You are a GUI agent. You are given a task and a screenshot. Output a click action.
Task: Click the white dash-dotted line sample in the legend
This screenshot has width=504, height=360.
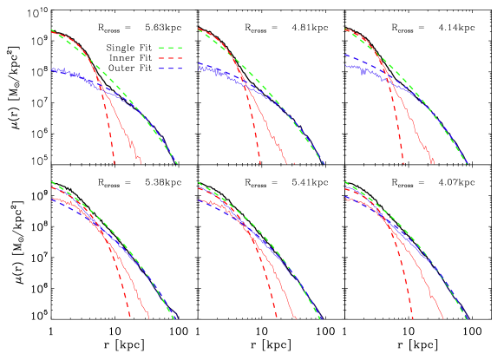(x=170, y=27)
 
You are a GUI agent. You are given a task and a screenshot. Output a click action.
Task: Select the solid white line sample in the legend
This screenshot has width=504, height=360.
(x=170, y=37)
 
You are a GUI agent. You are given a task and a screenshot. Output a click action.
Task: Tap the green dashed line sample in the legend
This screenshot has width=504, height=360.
(x=170, y=48)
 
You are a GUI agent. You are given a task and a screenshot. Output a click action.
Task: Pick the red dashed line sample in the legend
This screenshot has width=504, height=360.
(x=170, y=58)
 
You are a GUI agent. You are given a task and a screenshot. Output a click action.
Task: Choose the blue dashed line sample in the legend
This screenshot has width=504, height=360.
(x=170, y=68)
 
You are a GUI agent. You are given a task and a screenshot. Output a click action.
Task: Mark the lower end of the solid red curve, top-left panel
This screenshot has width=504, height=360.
(x=141, y=162)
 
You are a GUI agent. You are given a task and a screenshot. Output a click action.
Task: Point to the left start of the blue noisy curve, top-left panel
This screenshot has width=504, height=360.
(x=51, y=69)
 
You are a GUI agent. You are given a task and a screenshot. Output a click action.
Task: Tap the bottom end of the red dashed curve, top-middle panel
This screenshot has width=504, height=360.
(x=259, y=162)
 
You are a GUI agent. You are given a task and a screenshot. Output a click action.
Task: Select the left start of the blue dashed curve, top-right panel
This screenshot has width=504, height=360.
(x=345, y=56)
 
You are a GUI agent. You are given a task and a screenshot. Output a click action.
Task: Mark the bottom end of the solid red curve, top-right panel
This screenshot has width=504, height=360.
(x=434, y=162)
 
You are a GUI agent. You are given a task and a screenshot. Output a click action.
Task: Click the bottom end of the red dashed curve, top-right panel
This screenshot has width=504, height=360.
(x=405, y=162)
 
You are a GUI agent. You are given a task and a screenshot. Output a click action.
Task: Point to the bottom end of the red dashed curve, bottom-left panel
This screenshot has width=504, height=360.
(x=129, y=318)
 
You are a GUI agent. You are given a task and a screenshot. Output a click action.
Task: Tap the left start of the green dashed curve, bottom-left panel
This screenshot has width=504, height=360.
(x=51, y=182)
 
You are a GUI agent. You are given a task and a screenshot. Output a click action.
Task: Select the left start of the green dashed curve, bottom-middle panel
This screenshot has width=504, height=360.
(x=198, y=182)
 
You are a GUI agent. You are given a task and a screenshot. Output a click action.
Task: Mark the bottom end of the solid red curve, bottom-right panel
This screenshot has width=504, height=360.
(x=442, y=318)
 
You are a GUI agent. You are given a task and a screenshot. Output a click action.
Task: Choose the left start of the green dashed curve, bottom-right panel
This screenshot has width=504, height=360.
(x=345, y=182)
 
